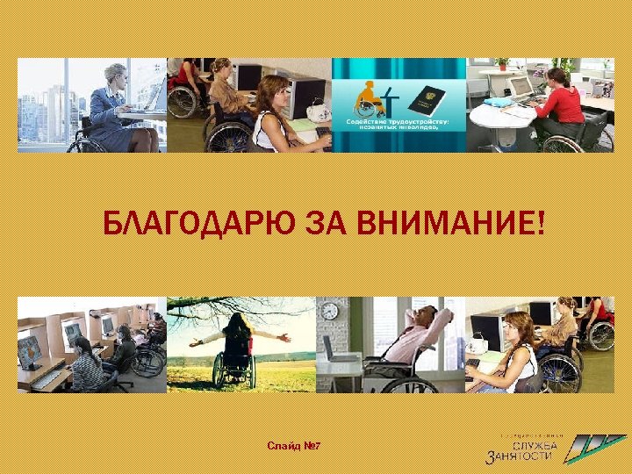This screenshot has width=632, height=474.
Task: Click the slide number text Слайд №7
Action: pyautogui.click(x=293, y=447)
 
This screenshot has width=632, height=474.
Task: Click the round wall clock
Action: pyautogui.click(x=330, y=311)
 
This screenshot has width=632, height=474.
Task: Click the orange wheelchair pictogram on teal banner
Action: pyautogui.click(x=370, y=98)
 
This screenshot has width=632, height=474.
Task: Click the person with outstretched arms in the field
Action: pyautogui.click(x=237, y=342)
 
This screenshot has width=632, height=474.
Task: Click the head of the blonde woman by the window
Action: pyautogui.click(x=116, y=74)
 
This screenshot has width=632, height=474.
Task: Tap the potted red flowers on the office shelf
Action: pyautogui.click(x=503, y=64)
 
